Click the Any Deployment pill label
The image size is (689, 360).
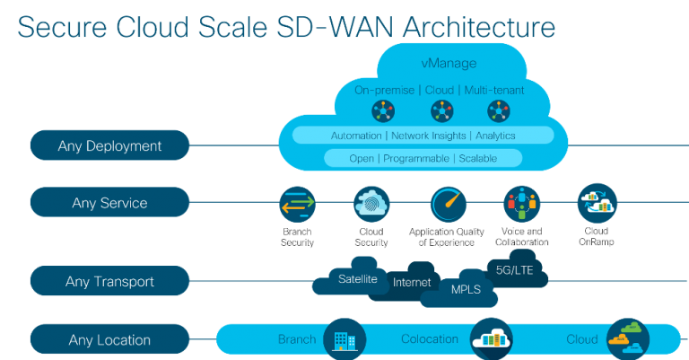point(109,145)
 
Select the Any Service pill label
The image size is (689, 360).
point(109,203)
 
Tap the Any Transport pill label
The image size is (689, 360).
point(109,281)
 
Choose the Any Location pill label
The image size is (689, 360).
point(109,340)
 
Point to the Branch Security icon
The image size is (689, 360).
point(296,205)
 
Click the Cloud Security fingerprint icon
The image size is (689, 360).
point(371,204)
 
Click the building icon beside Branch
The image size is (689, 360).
point(342,338)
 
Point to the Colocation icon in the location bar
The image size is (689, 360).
point(491,338)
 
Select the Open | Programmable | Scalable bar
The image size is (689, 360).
point(422,158)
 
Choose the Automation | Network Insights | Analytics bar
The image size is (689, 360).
point(422,135)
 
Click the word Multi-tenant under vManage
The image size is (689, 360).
point(494,90)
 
